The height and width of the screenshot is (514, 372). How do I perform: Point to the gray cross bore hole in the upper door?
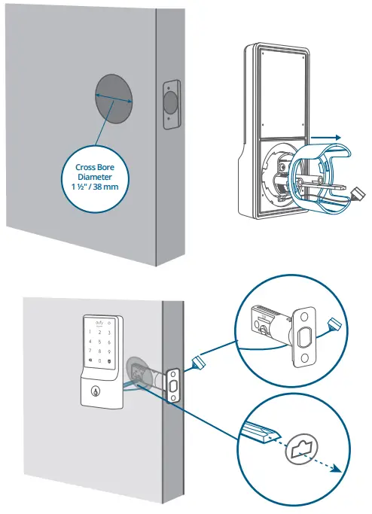113,98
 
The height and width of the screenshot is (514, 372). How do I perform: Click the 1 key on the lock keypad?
87,339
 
